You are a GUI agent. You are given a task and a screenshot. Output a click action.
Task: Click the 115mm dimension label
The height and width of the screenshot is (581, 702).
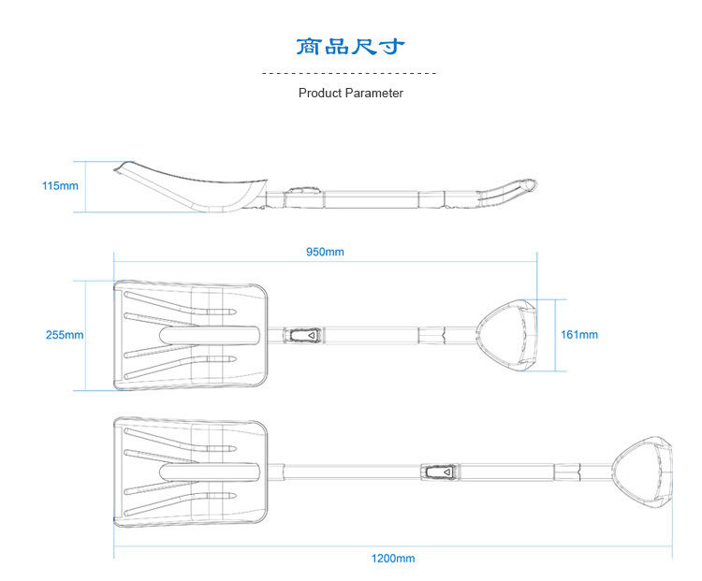click(60, 185)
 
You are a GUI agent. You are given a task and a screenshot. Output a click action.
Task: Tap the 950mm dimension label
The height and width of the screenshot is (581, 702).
click(325, 252)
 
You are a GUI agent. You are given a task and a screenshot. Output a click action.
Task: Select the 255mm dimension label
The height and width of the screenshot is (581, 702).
click(65, 334)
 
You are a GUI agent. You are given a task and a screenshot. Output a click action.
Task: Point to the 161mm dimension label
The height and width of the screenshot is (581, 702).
click(578, 334)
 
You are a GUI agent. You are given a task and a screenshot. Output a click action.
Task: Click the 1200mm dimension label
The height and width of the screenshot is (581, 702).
click(393, 559)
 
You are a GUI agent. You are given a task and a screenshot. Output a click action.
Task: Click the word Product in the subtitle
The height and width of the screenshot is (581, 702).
click(320, 94)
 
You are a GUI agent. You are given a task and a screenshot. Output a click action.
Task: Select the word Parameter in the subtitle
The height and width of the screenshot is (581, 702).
click(374, 94)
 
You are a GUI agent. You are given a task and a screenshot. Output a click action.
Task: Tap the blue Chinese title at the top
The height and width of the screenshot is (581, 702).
click(350, 47)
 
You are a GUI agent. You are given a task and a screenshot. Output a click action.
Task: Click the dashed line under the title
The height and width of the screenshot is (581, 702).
click(350, 72)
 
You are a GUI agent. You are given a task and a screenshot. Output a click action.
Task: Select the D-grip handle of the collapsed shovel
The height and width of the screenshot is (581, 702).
click(508, 335)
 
